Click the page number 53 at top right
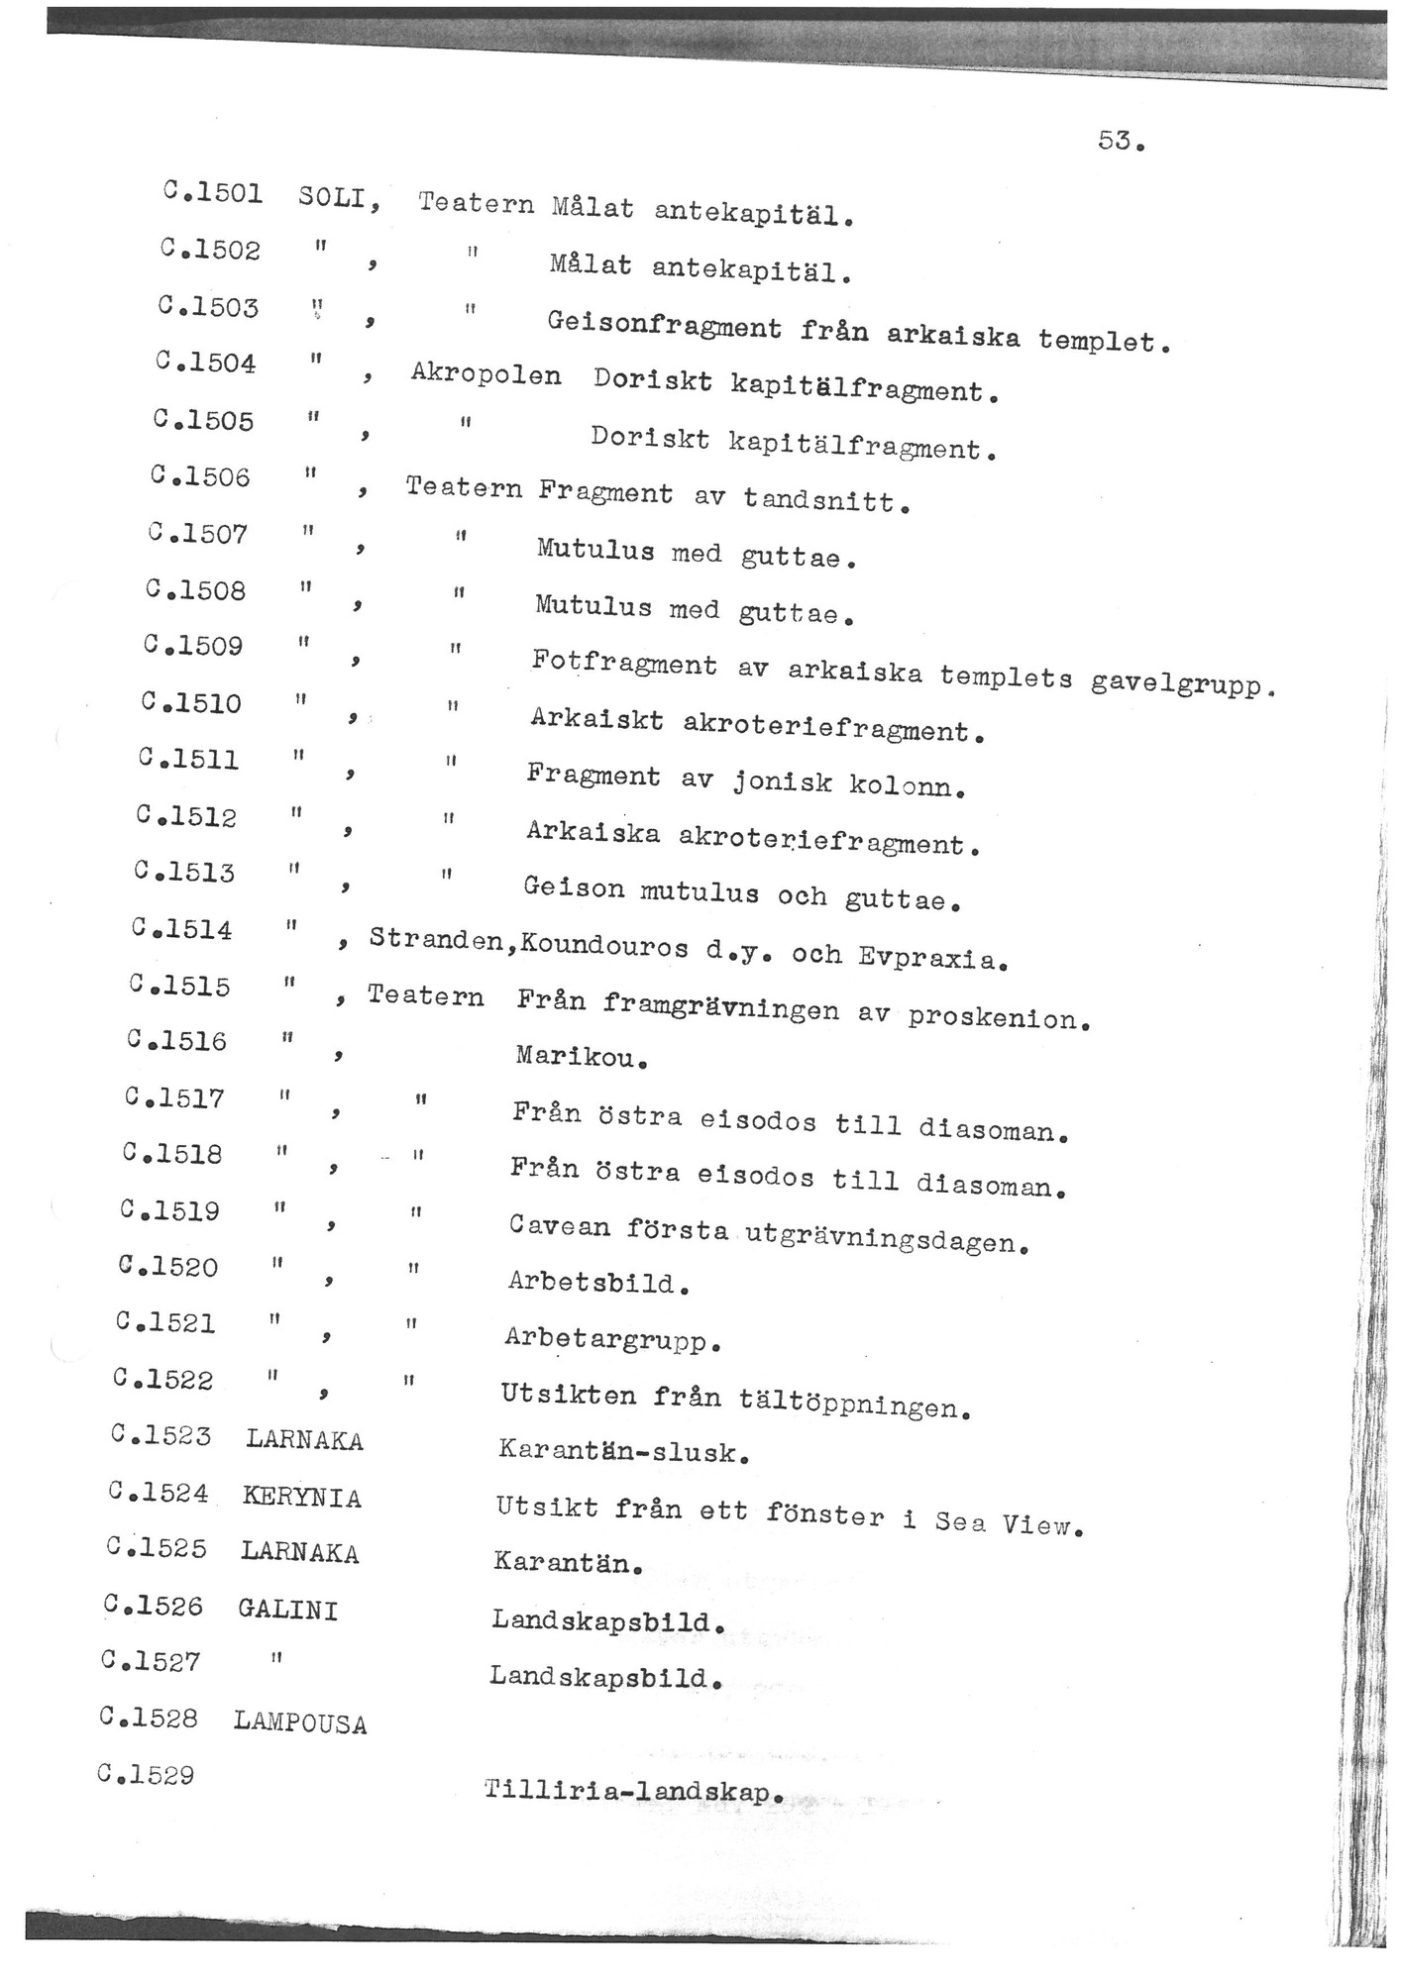coord(1120,142)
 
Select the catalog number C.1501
coord(212,192)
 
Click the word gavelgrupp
coord(1179,683)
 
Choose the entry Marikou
coord(581,1057)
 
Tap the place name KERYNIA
coord(302,1497)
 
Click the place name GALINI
coord(288,1610)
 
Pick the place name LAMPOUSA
coord(300,1723)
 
